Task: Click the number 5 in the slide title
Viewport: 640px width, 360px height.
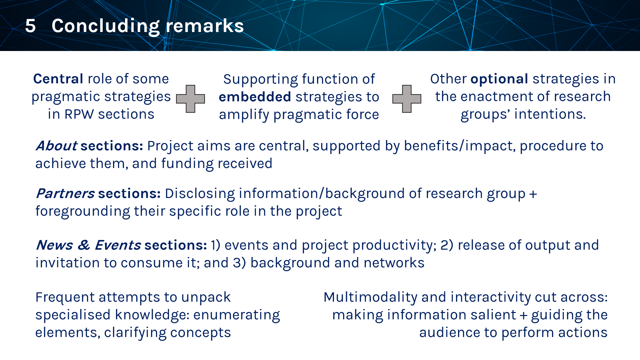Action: tap(30, 26)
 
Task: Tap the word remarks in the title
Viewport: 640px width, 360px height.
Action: tap(205, 26)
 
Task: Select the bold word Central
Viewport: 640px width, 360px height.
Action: tap(58, 79)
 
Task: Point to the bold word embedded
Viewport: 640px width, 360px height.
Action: tap(255, 97)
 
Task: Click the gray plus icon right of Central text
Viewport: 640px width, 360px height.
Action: tap(190, 99)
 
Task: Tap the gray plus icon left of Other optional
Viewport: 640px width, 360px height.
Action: tap(407, 99)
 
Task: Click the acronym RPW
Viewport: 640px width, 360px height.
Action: tap(79, 114)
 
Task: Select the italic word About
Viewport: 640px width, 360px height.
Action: tap(57, 146)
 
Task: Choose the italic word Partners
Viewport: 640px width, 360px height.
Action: tap(65, 194)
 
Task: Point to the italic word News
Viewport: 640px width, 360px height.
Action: tap(54, 245)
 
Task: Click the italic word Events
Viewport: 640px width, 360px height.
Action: tap(118, 245)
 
